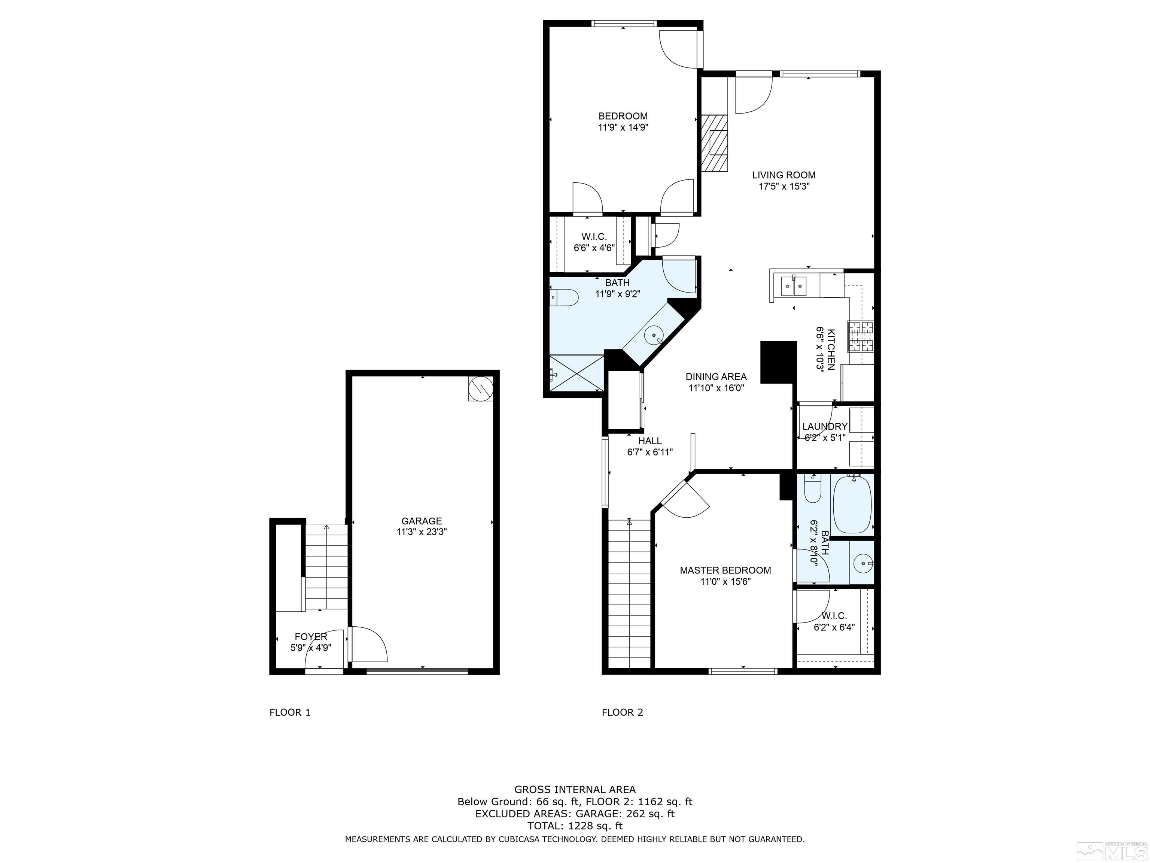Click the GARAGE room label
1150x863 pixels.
(421, 521)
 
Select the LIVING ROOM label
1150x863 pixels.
(784, 175)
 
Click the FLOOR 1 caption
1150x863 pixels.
(290, 712)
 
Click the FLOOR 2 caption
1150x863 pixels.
(622, 712)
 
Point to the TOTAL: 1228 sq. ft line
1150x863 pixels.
(575, 826)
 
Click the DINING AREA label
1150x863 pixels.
(716, 376)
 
